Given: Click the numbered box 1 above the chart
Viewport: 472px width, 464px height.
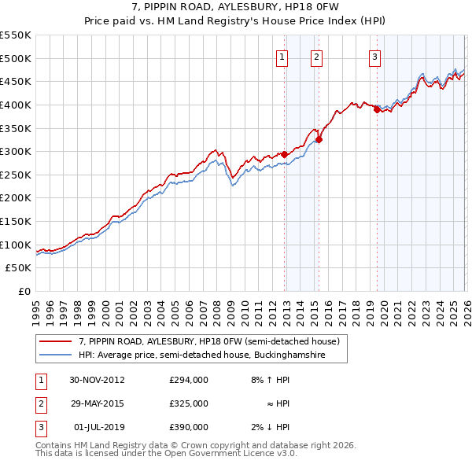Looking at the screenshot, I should tap(282, 56).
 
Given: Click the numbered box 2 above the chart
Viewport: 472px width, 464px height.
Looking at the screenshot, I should tap(316, 56).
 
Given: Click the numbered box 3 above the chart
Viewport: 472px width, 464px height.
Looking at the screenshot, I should tap(374, 56).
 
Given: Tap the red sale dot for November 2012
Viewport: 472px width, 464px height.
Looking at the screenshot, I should tap(284, 155).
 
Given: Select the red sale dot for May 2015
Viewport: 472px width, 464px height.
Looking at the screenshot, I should tap(319, 140).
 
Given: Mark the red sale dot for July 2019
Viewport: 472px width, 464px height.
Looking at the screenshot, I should tap(377, 110).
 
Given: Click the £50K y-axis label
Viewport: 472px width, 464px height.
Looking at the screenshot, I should tap(20, 268).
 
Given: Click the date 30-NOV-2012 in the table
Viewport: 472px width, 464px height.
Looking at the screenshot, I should tap(97, 380).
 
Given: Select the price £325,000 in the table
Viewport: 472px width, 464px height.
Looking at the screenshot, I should tap(189, 403).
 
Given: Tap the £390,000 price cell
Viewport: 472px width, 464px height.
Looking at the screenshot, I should tap(189, 427).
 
